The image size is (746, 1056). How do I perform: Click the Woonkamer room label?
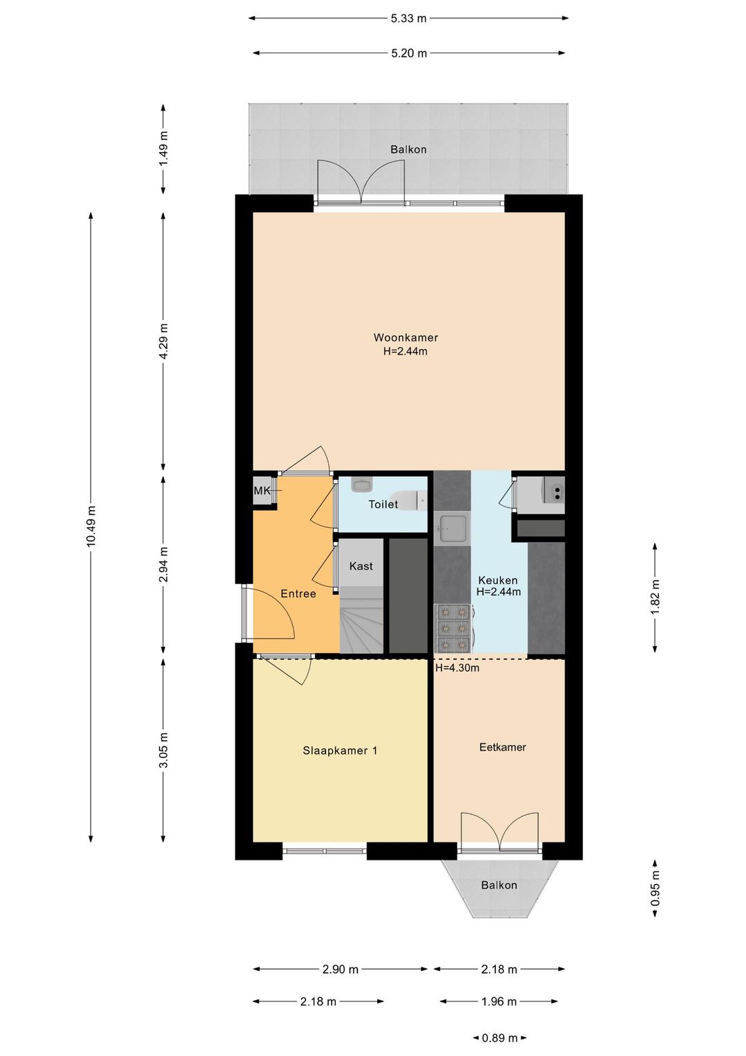pos(405,337)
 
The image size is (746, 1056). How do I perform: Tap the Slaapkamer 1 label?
pos(340,751)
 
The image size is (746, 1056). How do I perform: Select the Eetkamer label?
pos(502,747)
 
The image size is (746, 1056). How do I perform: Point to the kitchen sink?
pos(452,529)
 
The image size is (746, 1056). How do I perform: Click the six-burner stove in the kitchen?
pos(452,627)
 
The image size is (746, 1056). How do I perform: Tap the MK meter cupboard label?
pos(262,491)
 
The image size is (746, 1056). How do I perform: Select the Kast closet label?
pos(361,566)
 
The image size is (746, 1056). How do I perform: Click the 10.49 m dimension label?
pos(91,526)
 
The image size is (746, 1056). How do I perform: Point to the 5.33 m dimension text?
pos(409,19)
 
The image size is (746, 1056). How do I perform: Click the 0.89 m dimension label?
pos(499,1037)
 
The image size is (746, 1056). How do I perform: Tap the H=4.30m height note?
pos(457,668)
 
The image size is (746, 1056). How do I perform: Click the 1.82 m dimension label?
pos(655,597)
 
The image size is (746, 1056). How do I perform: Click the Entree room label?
pos(298,594)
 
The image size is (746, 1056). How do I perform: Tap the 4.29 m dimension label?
pos(164,341)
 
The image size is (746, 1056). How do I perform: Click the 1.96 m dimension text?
pos(499,1001)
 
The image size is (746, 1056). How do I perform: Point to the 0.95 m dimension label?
pos(655,889)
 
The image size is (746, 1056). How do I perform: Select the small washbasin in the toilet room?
pos(362,484)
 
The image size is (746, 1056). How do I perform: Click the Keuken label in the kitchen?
pos(498,581)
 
